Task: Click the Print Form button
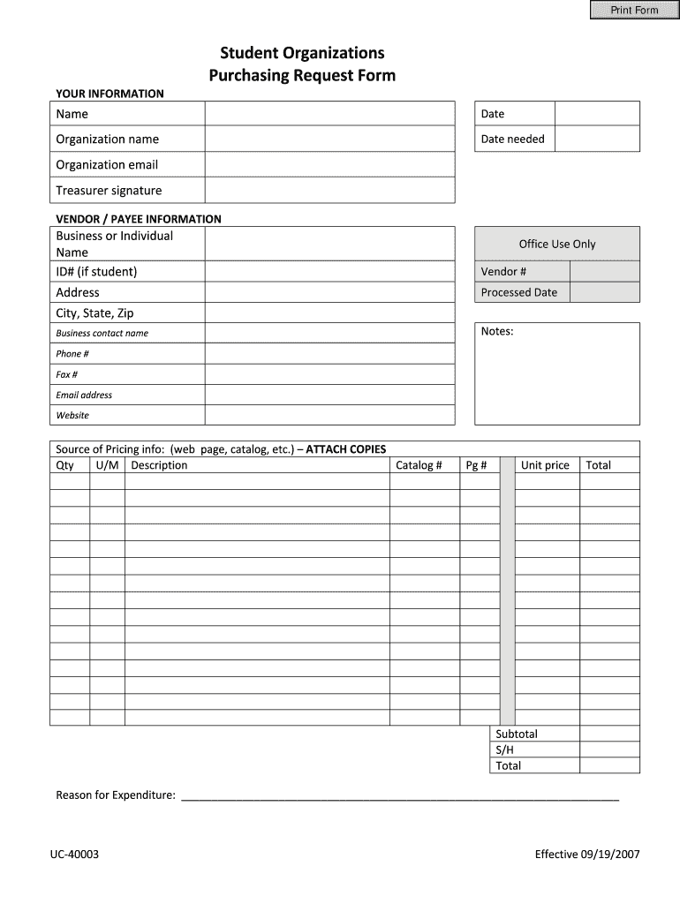(634, 10)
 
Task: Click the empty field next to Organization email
(329, 165)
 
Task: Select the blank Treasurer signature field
(329, 191)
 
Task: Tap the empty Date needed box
(597, 139)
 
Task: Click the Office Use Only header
(557, 244)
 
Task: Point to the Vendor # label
(503, 271)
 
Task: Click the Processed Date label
(518, 292)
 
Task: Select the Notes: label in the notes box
(497, 331)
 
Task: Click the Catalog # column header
(419, 465)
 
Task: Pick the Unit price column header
(545, 465)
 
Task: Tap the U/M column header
(106, 465)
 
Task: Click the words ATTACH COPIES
(345, 448)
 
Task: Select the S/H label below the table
(504, 750)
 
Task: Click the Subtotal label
(516, 734)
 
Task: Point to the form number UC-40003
(80, 854)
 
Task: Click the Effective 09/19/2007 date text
(586, 854)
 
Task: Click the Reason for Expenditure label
(116, 795)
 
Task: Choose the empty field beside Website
(329, 415)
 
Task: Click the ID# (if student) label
(96, 271)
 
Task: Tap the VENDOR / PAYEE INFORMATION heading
(139, 219)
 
